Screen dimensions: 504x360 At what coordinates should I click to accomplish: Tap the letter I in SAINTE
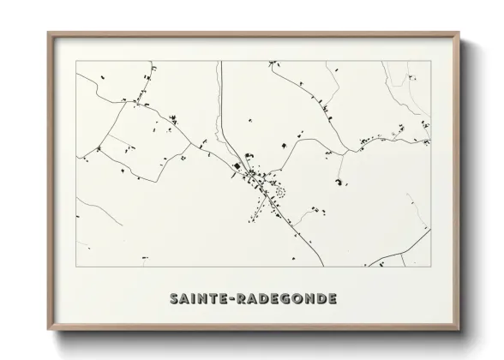pyautogui.click(x=194, y=300)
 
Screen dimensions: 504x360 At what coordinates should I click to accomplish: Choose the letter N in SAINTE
pyautogui.click(x=204, y=300)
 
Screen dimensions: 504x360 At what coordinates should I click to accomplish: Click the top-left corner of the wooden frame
pyautogui.click(x=48, y=33)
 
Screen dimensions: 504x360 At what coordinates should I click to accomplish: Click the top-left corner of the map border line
pyautogui.click(x=76, y=62)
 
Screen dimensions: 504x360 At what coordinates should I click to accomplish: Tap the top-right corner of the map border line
pyautogui.click(x=430, y=62)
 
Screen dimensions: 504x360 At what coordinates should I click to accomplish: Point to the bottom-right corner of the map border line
pyautogui.click(x=430, y=267)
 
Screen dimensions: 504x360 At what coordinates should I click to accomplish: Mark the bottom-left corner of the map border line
pyautogui.click(x=76, y=267)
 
